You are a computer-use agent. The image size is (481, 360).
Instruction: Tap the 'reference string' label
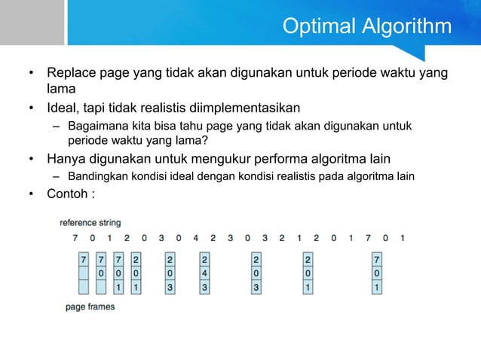click(90, 223)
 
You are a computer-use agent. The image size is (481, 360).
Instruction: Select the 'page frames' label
click(90, 307)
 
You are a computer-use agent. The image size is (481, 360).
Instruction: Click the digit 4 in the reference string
click(195, 239)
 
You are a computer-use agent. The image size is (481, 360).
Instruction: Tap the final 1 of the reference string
click(403, 239)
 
